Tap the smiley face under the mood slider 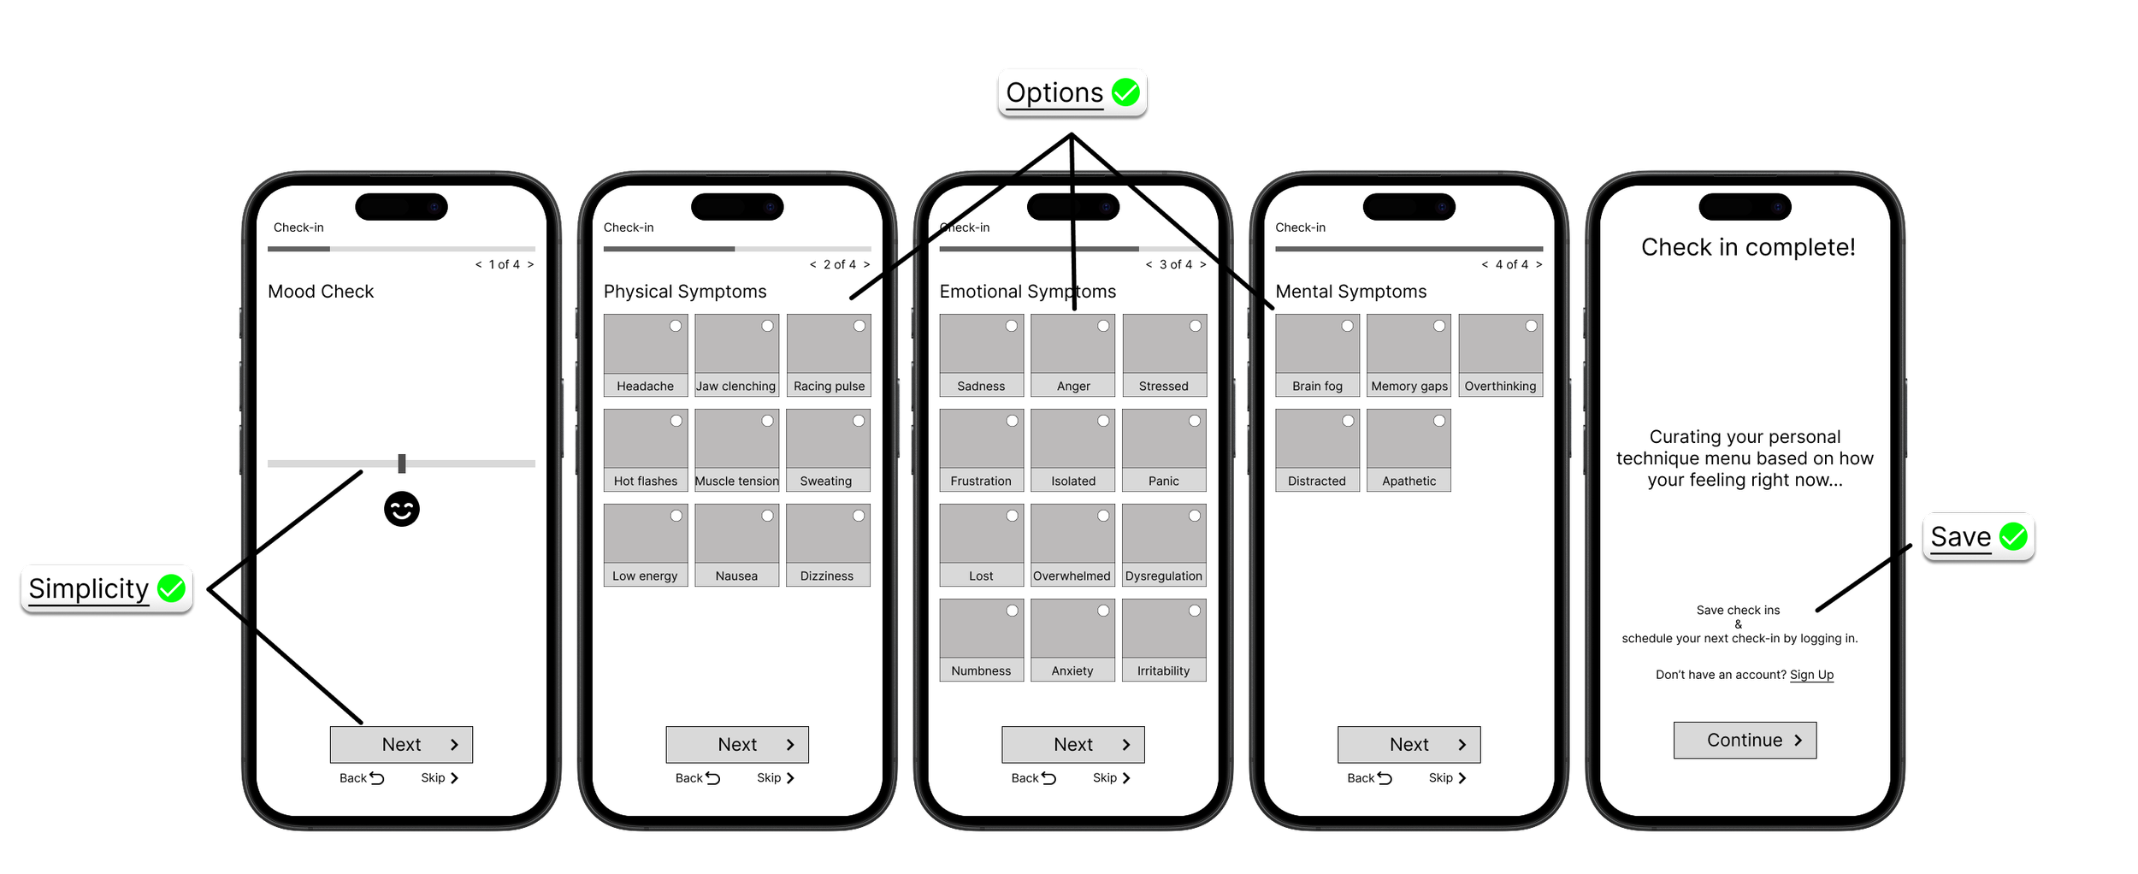click(x=401, y=510)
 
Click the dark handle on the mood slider click(x=402, y=464)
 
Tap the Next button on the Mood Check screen click(x=401, y=745)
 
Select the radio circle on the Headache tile click(x=676, y=326)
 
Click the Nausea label click(x=736, y=576)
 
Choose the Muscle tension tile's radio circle click(x=767, y=421)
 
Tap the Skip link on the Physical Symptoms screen click(x=775, y=778)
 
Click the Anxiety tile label click(x=1072, y=671)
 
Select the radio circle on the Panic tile click(x=1195, y=421)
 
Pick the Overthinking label click(x=1500, y=387)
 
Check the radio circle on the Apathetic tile click(x=1439, y=421)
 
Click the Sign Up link click(x=1811, y=675)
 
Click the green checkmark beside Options click(x=1125, y=92)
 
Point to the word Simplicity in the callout click(x=88, y=588)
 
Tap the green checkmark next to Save click(x=2013, y=537)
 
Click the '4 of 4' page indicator click(x=1511, y=265)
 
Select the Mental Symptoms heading click(x=1350, y=292)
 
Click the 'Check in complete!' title click(x=1748, y=247)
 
